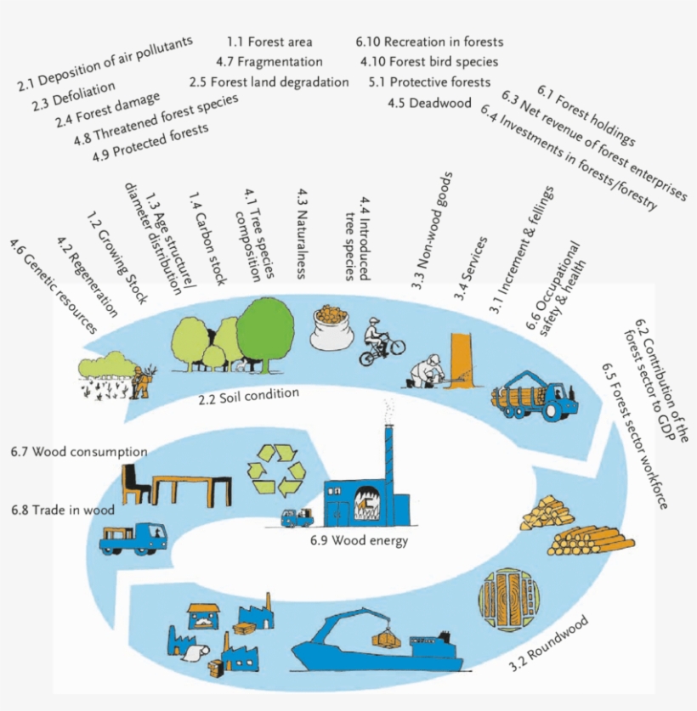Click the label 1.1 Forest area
click(x=269, y=42)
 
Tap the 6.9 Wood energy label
click(x=359, y=540)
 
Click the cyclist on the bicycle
click(x=380, y=341)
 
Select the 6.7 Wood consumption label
click(x=80, y=451)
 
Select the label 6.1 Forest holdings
click(x=586, y=114)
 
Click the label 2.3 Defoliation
click(x=84, y=94)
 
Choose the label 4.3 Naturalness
click(x=302, y=237)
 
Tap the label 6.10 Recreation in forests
click(x=430, y=42)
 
